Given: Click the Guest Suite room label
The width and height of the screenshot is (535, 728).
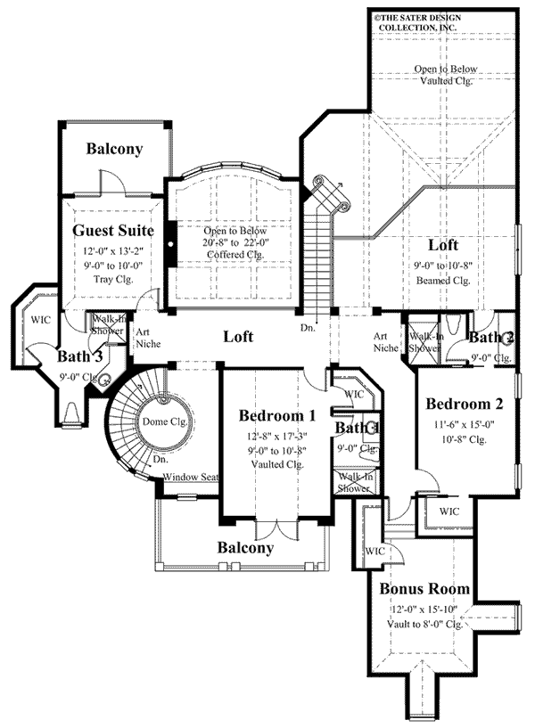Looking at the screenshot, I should click(x=111, y=232).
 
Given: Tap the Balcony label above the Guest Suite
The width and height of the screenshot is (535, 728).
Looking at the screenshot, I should click(x=114, y=150).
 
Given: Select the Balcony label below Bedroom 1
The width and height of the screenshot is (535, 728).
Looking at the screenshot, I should click(x=246, y=547).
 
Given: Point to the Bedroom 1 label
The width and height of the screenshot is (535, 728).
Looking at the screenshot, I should click(x=278, y=415).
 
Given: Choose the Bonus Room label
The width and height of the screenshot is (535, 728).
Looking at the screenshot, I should click(x=419, y=589).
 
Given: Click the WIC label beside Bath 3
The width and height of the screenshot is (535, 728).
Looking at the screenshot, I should click(x=39, y=318).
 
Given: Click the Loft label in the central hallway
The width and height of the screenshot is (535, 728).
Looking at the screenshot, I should click(x=238, y=337).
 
